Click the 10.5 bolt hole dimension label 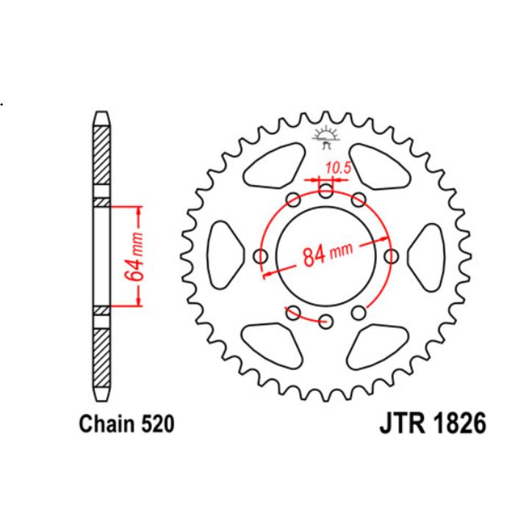pos(338,168)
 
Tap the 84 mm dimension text pos(324,255)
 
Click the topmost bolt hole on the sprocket pos(326,192)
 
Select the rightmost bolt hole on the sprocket pos(391,256)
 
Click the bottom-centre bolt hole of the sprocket pos(326,320)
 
